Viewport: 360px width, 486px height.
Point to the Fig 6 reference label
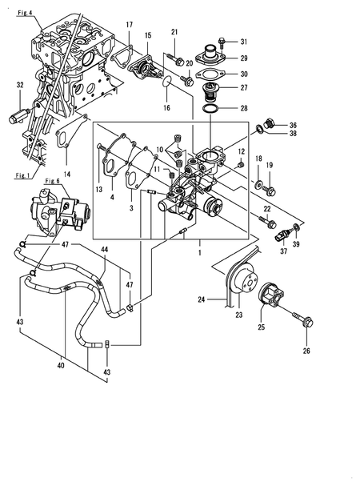pyautogui.click(x=54, y=181)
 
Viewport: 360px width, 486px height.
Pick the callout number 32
pyautogui.click(x=19, y=84)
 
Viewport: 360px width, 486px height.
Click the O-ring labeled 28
pyautogui.click(x=210, y=107)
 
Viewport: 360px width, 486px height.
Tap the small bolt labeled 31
pyautogui.click(x=222, y=41)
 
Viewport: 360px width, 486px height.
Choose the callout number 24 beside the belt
pyautogui.click(x=202, y=300)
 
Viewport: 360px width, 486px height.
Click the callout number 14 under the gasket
pyautogui.click(x=67, y=173)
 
